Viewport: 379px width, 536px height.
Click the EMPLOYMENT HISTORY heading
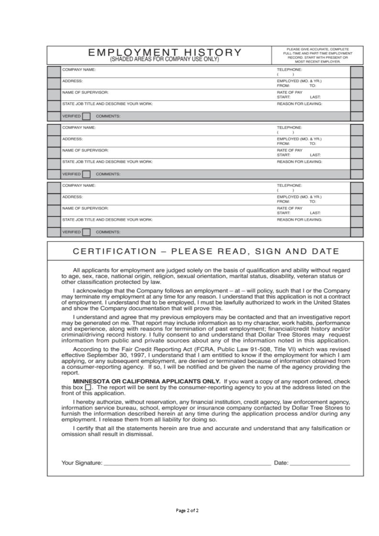click(x=164, y=52)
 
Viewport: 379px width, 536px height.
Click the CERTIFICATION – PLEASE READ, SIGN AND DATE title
click(x=206, y=251)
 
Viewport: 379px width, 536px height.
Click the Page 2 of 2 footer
click(x=187, y=511)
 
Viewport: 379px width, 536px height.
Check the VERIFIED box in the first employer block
click(x=86, y=116)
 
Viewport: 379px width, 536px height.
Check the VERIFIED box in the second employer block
click(x=86, y=174)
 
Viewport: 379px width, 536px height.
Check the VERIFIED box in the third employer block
click(x=86, y=232)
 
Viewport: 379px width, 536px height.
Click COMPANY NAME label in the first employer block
click(x=79, y=70)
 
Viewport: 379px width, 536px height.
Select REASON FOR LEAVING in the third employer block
click(x=299, y=220)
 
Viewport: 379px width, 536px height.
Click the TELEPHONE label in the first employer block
click(x=289, y=70)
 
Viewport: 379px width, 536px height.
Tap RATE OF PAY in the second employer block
click(x=290, y=150)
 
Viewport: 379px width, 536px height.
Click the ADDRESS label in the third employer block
click(x=73, y=197)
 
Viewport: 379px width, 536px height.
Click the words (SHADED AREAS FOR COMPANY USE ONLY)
click(x=164, y=59)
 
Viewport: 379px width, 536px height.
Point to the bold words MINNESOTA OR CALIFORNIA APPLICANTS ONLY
click(x=146, y=381)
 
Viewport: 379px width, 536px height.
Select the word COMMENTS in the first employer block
click(x=108, y=116)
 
